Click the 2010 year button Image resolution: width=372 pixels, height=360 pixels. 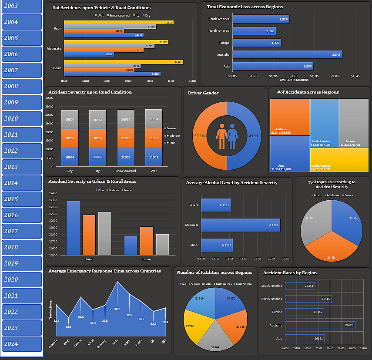click(x=22, y=118)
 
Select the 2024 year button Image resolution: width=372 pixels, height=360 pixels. click(x=22, y=344)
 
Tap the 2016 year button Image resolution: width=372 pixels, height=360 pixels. click(x=22, y=215)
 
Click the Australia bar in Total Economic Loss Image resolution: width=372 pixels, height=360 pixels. click(x=287, y=54)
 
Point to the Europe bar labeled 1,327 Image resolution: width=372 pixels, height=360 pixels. click(x=256, y=43)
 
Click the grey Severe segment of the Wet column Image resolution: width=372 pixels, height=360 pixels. click(x=154, y=119)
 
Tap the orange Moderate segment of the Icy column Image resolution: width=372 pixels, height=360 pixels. click(x=97, y=138)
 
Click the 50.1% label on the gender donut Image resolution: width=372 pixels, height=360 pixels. click(x=200, y=136)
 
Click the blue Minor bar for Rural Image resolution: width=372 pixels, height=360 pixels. click(x=73, y=228)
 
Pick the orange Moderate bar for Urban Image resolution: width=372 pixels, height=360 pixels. click(x=146, y=241)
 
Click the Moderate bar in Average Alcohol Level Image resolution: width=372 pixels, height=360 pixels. click(x=240, y=225)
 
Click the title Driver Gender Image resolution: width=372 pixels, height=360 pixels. click(x=203, y=93)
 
